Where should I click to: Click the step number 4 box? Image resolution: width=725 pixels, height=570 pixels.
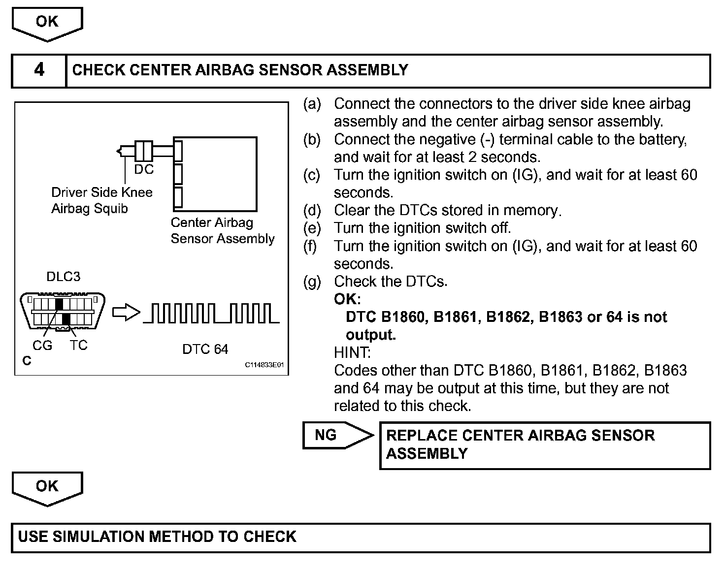coord(39,70)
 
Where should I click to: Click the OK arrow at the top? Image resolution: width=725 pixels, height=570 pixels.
coord(47,23)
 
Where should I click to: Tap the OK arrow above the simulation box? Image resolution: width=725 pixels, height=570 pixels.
coord(47,487)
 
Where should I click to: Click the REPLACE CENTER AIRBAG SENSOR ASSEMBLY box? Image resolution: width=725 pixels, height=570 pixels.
coord(544,444)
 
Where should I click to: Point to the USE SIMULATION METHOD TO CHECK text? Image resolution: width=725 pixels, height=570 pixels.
coord(157,537)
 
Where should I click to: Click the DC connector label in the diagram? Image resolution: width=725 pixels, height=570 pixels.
coord(144,169)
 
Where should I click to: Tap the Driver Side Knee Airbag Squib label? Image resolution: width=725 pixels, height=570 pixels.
coord(102,200)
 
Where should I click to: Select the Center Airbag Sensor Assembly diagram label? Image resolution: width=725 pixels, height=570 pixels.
coord(222,230)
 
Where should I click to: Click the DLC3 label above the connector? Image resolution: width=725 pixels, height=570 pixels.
coord(63,277)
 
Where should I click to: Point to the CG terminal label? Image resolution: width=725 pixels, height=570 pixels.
coord(42,346)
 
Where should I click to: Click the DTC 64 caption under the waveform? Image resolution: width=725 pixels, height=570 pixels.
coord(205,349)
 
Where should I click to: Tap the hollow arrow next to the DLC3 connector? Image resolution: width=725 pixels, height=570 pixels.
coord(127,313)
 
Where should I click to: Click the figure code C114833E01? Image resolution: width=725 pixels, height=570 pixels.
coord(264,366)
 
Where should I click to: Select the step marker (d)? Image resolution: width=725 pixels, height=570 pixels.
coord(312,211)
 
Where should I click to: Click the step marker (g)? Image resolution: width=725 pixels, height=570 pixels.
coord(312,282)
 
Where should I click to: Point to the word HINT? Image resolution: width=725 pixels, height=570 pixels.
coord(352,352)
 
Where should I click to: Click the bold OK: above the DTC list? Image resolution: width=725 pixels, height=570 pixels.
coord(347,299)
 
